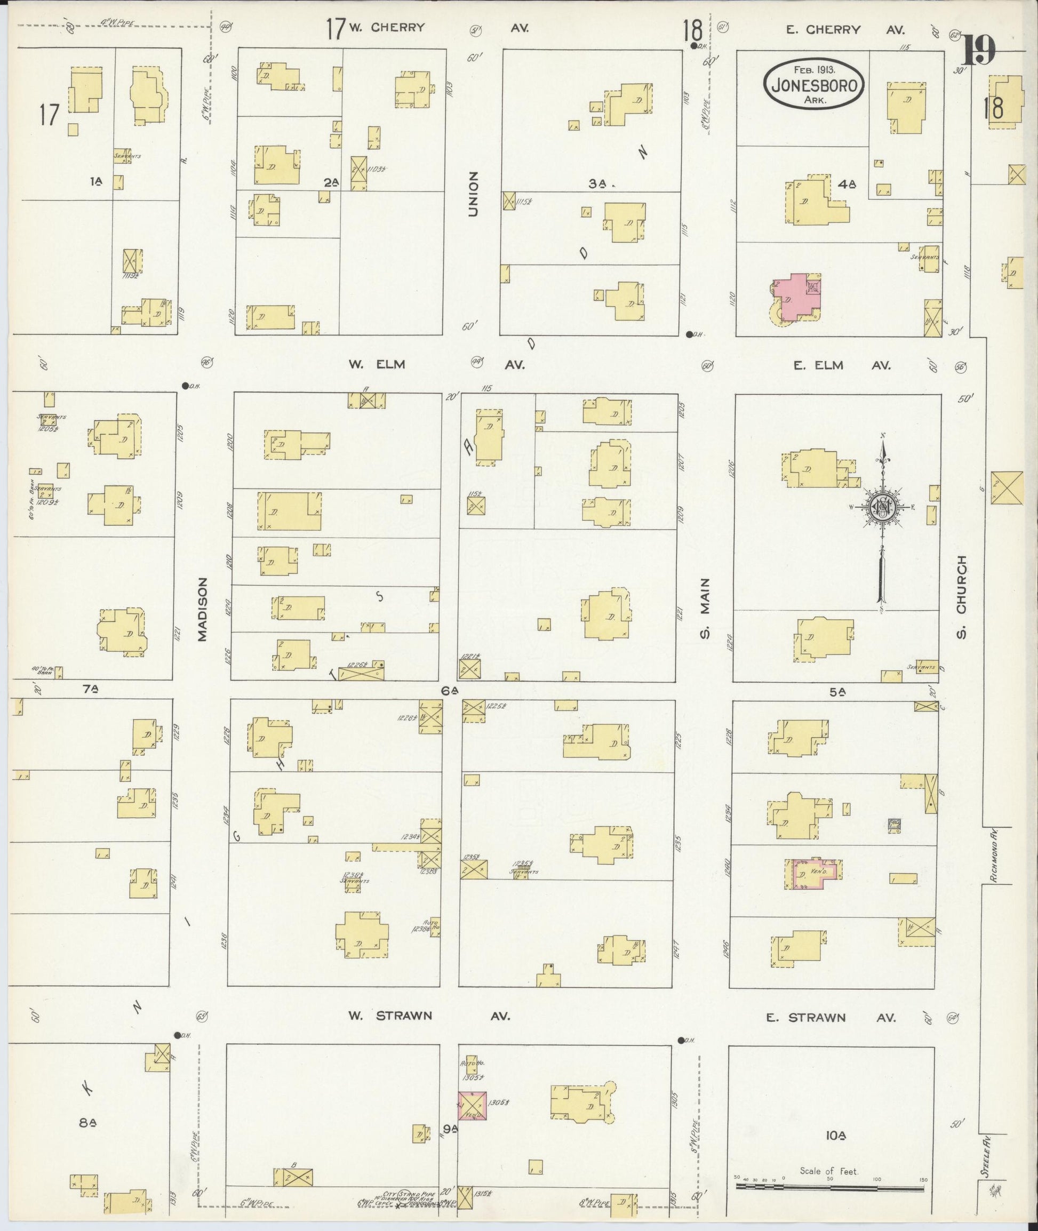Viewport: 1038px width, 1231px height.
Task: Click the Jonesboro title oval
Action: click(815, 84)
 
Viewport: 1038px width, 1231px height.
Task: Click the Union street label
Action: click(474, 194)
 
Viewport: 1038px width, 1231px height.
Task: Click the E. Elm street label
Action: click(818, 365)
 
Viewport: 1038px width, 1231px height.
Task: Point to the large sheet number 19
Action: click(979, 51)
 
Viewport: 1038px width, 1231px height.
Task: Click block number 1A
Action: click(95, 182)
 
